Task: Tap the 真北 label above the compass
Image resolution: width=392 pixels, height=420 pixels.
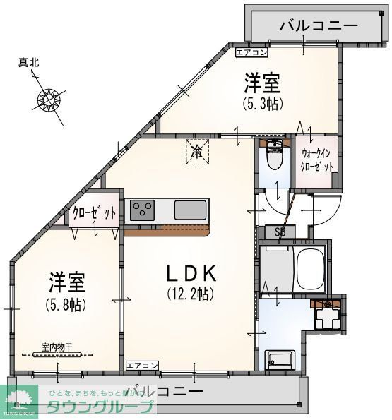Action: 28,63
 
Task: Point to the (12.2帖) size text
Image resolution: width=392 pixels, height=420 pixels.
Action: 190,293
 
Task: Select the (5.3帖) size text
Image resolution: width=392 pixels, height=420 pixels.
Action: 262,104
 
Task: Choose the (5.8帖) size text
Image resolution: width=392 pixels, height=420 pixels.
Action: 67,305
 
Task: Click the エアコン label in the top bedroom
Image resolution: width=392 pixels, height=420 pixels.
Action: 251,52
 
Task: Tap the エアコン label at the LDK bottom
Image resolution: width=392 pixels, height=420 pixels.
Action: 142,365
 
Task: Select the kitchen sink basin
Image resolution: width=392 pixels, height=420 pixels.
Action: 191,210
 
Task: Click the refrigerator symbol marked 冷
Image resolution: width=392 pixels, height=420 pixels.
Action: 198,150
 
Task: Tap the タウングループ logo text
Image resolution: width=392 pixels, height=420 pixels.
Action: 100,407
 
